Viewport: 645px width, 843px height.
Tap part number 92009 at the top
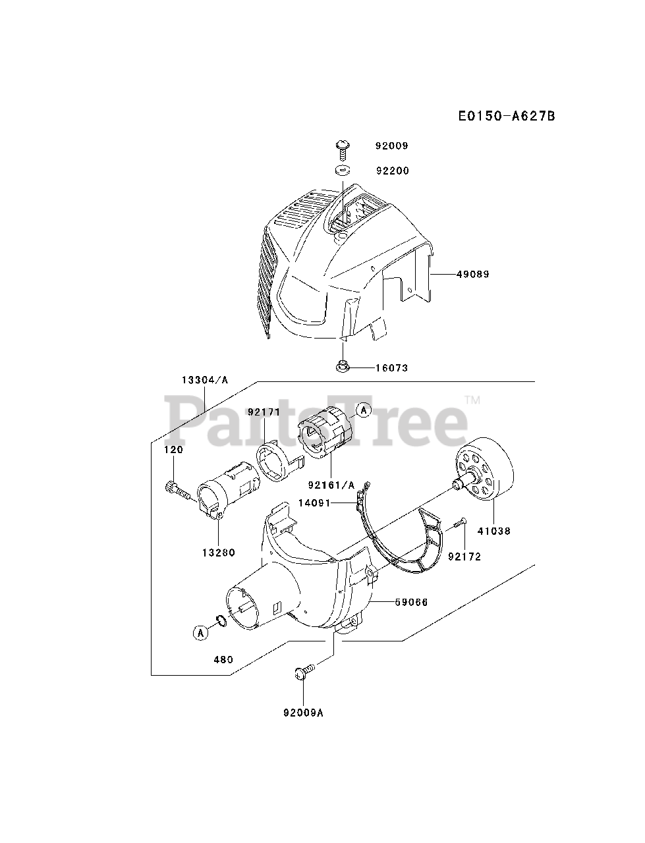pos(392,146)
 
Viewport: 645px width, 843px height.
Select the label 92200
pos(392,171)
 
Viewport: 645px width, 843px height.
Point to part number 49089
pos(472,274)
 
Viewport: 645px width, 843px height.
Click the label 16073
pos(391,368)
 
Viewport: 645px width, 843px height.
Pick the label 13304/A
pos(205,380)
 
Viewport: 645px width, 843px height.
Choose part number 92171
pos(264,412)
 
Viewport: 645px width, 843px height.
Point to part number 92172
pos(464,557)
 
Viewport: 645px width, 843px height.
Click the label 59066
pos(412,601)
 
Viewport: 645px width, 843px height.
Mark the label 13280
pos(218,553)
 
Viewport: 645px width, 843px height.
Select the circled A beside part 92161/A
pos(363,410)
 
